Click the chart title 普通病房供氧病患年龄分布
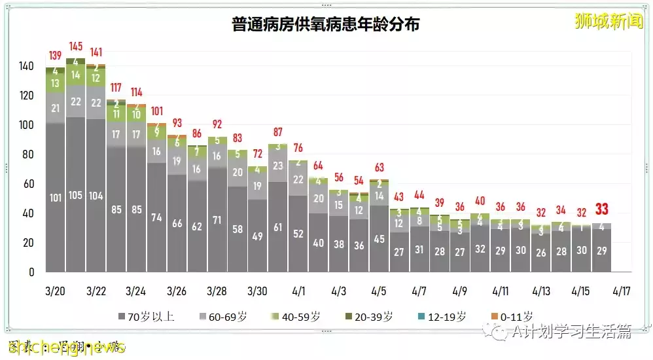[x=325, y=25]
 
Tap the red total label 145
[x=75, y=46]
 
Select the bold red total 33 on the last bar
[x=601, y=209]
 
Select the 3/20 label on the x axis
[x=56, y=290]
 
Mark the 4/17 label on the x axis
[x=622, y=290]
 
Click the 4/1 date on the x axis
[x=298, y=290]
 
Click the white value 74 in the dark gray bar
[x=156, y=218]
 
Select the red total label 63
[x=378, y=167]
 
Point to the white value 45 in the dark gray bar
[x=378, y=239]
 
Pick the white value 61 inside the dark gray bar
[x=277, y=227]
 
